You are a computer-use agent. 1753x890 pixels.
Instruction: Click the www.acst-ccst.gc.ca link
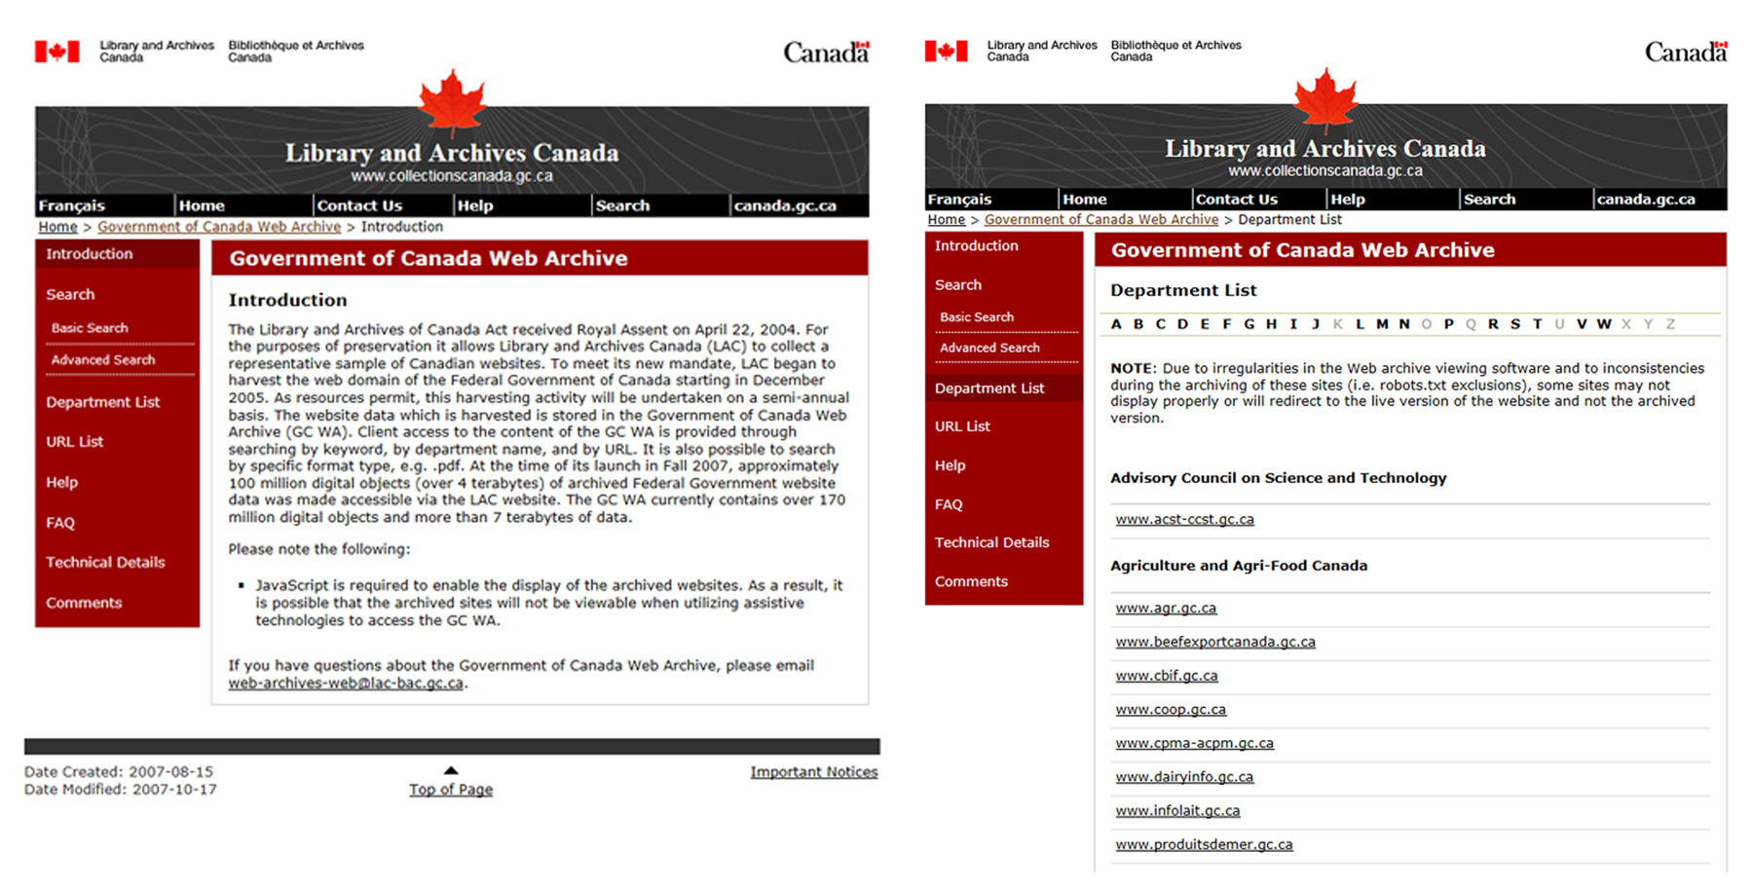click(x=1184, y=519)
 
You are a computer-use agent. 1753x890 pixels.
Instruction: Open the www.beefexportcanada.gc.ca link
click(x=1214, y=642)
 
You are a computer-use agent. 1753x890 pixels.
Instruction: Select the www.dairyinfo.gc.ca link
click(x=1184, y=777)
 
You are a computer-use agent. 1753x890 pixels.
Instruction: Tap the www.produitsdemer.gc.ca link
click(x=1204, y=844)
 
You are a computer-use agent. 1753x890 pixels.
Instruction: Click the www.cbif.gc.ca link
click(x=1166, y=676)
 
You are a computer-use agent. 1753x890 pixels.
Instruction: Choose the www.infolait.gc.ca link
click(x=1177, y=810)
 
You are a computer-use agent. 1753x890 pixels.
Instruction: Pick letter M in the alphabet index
click(x=1382, y=324)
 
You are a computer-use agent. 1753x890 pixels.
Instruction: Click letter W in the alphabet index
click(x=1603, y=324)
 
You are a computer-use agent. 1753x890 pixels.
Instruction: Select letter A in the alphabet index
click(x=1116, y=324)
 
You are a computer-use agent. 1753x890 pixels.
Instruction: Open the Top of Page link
click(x=451, y=790)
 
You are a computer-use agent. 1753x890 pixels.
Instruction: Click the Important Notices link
click(x=813, y=772)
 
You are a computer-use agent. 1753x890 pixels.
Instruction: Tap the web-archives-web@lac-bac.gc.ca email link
click(x=346, y=684)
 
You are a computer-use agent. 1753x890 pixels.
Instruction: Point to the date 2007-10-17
click(x=174, y=790)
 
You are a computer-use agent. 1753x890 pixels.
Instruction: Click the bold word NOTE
click(x=1132, y=369)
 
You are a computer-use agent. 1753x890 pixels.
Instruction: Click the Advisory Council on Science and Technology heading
click(x=1278, y=478)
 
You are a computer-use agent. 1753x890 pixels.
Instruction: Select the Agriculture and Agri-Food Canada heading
click(x=1239, y=566)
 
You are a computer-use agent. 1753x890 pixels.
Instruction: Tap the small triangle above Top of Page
click(x=451, y=770)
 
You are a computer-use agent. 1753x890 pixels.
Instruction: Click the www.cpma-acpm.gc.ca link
click(x=1194, y=743)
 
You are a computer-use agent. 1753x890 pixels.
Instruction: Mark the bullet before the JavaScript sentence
click(x=242, y=586)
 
